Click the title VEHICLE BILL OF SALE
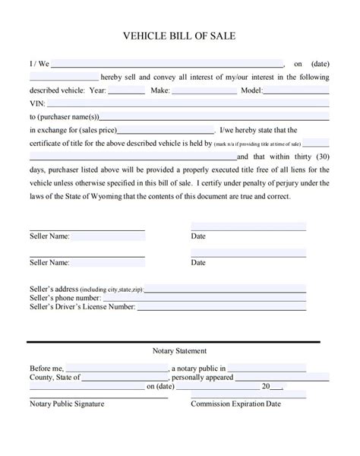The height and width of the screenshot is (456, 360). (180, 36)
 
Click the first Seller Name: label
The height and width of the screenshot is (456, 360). (49, 236)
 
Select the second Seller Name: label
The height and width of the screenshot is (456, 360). (49, 263)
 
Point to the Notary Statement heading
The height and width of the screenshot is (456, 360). (180, 351)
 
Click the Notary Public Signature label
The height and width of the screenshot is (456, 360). (67, 404)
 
